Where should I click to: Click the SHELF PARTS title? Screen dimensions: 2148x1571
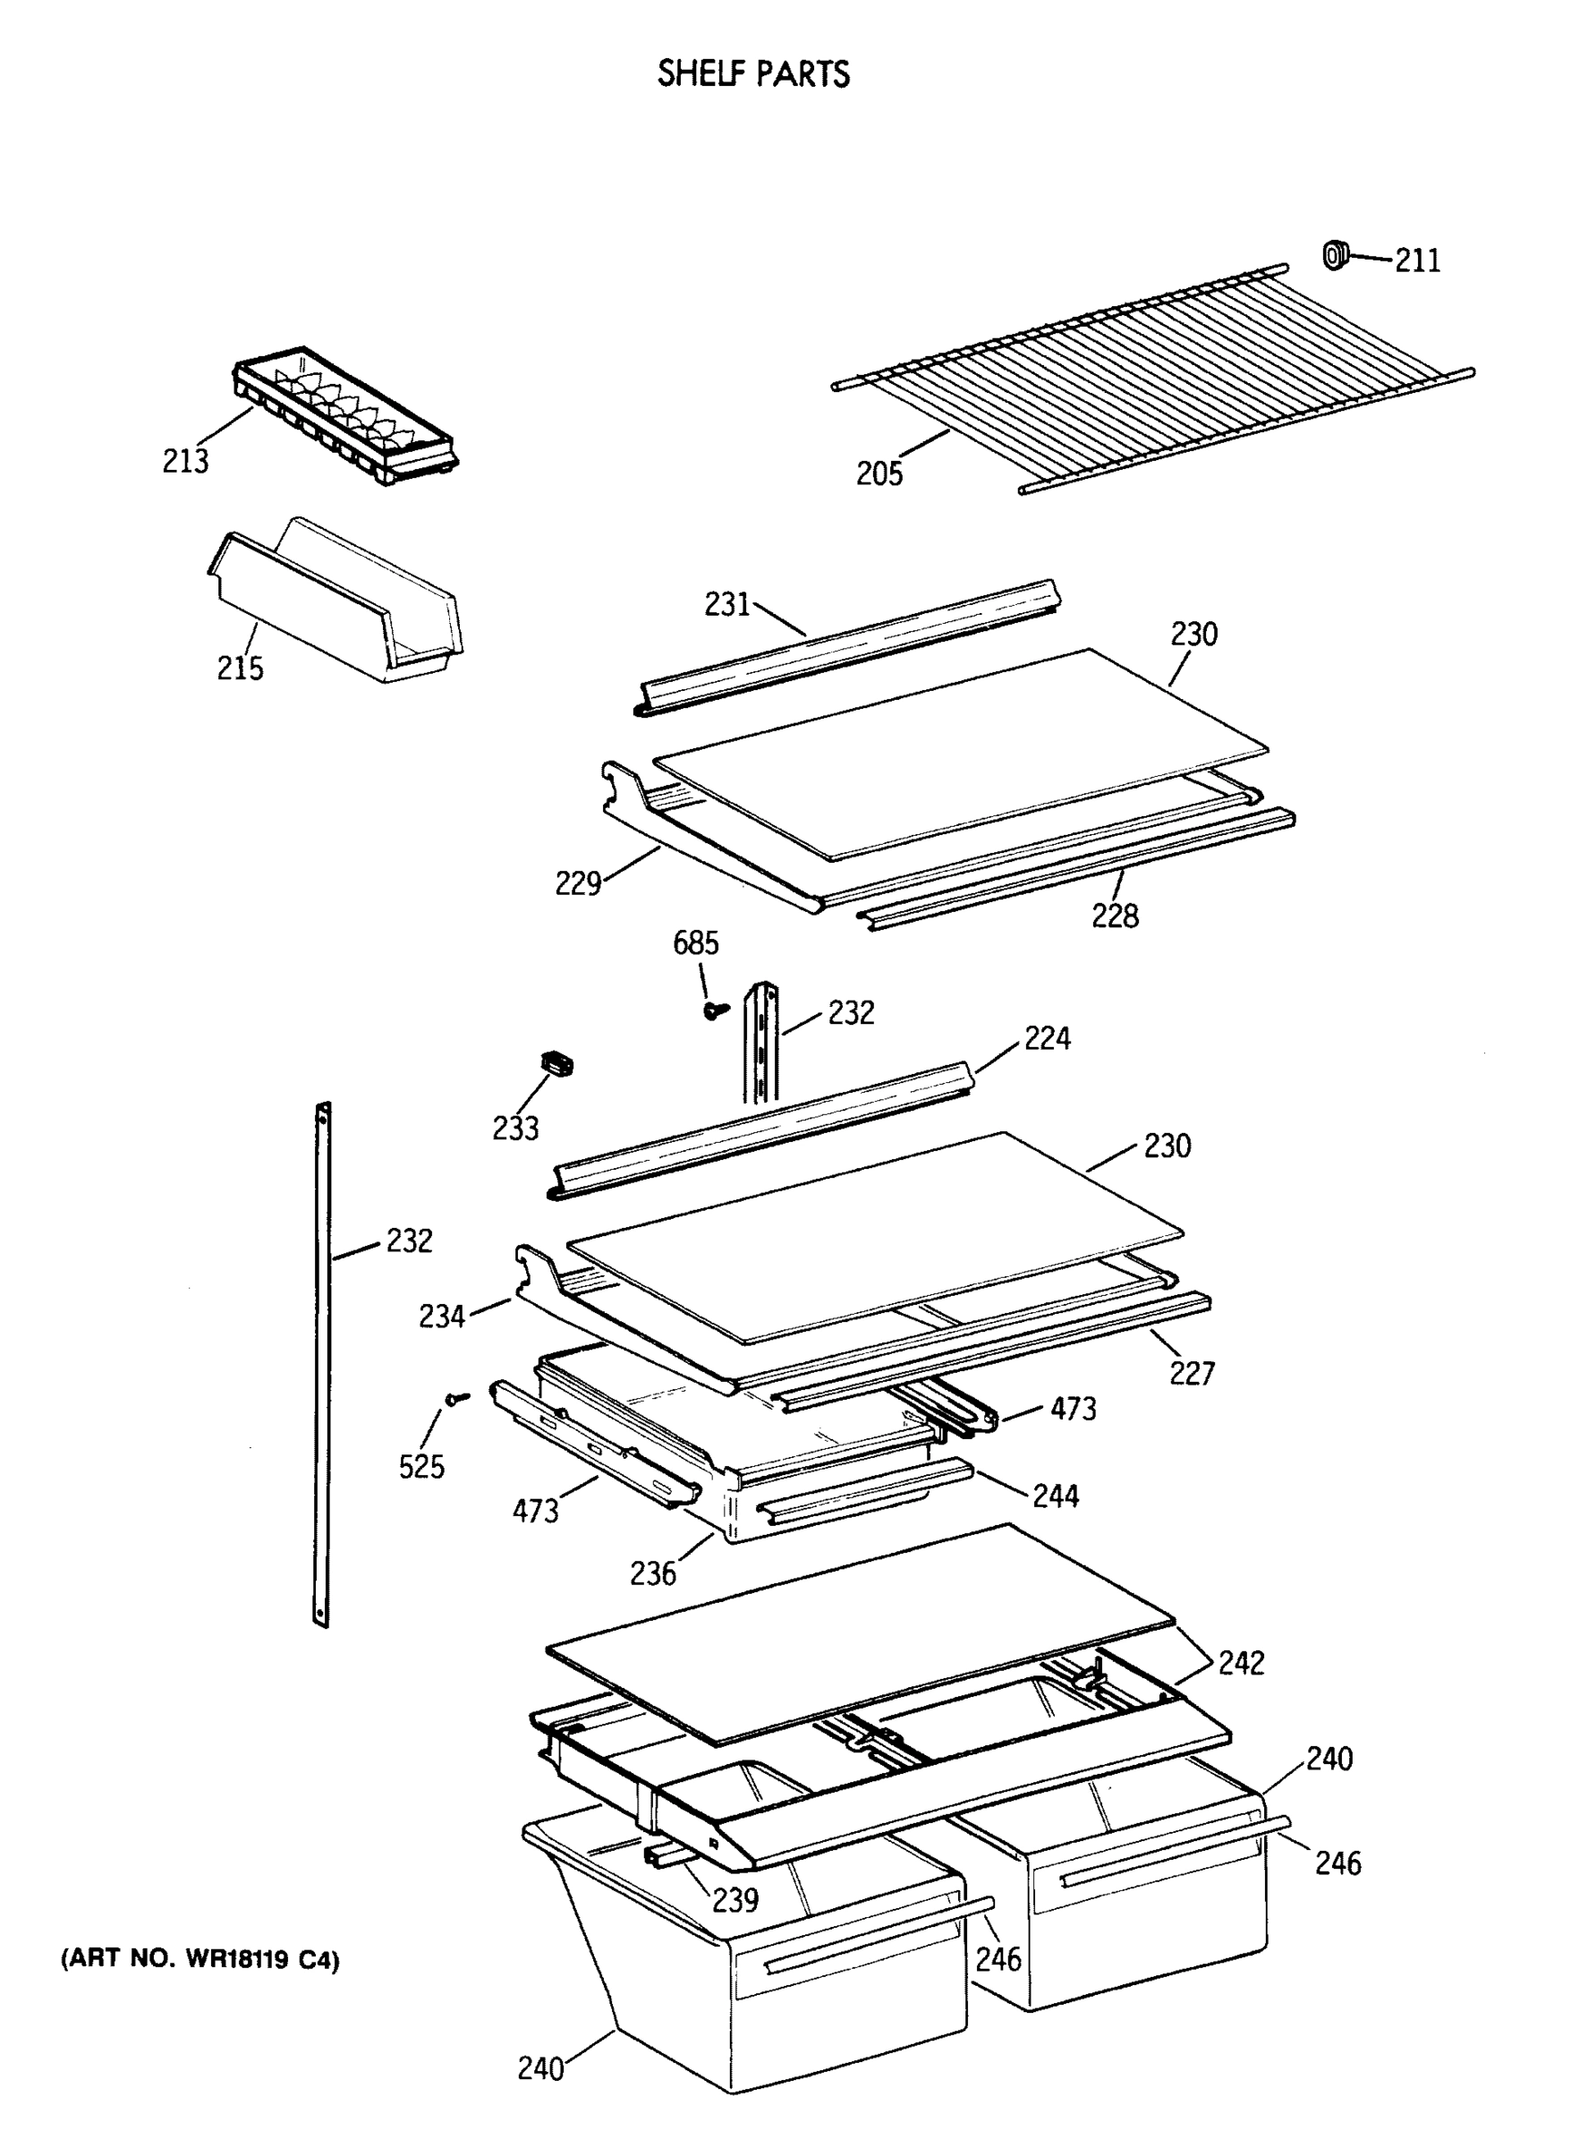[x=753, y=74]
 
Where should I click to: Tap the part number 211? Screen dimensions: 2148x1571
[x=1417, y=260]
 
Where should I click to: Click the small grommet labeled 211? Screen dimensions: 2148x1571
[x=1336, y=255]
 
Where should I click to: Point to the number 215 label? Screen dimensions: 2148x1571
[x=240, y=669]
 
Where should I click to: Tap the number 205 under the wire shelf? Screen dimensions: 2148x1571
[x=879, y=473]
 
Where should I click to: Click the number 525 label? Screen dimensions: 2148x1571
[x=421, y=1467]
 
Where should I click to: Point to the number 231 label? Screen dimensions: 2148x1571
[x=727, y=604]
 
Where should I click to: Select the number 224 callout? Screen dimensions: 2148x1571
[x=1047, y=1038]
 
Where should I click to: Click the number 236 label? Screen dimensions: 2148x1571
[x=652, y=1573]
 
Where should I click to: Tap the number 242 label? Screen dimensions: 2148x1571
[x=1241, y=1663]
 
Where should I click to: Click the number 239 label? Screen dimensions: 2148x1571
[x=735, y=1900]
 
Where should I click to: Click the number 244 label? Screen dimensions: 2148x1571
[x=1056, y=1496]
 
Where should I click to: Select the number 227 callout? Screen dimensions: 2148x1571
[x=1192, y=1373]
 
